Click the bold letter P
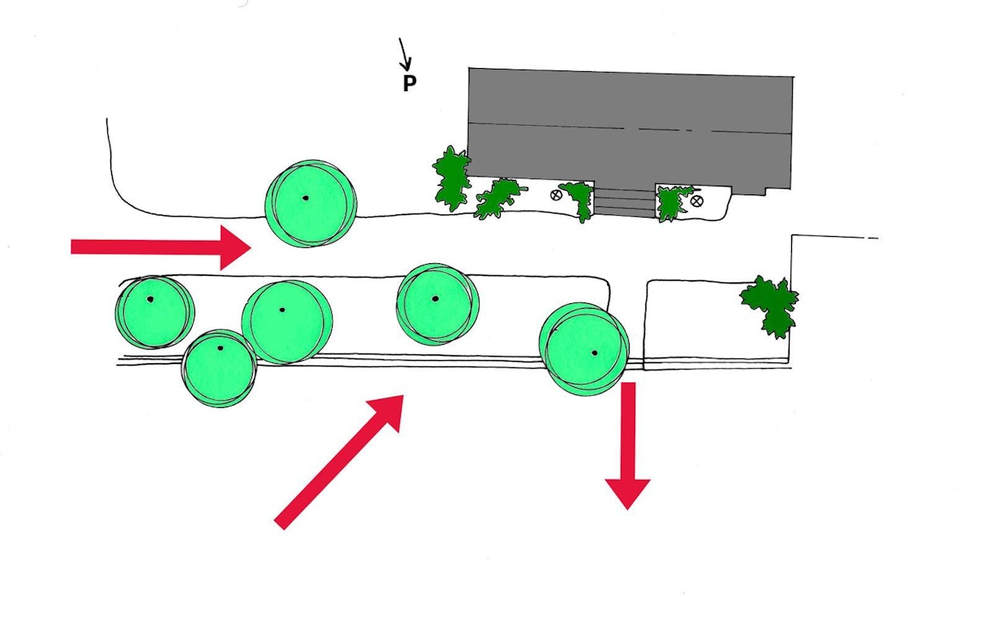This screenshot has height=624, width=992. tap(410, 83)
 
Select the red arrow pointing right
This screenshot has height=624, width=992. tap(161, 247)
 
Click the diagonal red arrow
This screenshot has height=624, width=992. tap(339, 462)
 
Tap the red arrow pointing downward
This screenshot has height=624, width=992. tap(627, 446)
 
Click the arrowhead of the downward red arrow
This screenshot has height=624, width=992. tap(627, 494)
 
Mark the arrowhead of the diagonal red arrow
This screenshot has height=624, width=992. tap(389, 410)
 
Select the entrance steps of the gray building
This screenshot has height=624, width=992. tap(625, 202)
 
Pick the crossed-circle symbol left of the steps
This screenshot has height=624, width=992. tap(556, 195)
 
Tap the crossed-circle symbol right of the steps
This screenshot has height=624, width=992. tap(697, 202)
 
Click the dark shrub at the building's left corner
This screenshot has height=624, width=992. tap(452, 178)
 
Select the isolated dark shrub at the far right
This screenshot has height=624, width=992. tap(770, 306)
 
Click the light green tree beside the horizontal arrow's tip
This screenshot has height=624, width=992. tap(311, 204)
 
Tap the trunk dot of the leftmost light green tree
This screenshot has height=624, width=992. tap(150, 300)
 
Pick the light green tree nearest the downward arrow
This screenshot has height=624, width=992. tap(584, 349)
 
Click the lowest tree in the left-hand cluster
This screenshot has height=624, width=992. tap(220, 369)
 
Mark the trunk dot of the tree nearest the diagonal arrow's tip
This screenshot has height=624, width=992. tap(435, 299)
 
